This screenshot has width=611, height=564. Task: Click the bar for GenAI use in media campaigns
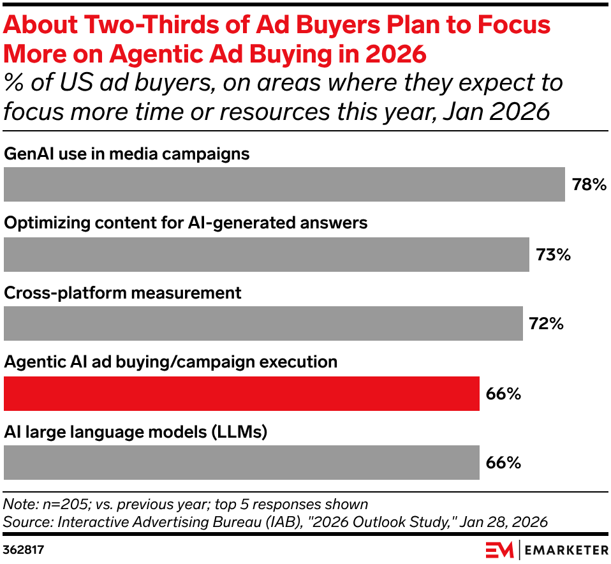[x=284, y=184]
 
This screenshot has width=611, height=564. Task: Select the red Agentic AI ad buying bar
[x=241, y=393]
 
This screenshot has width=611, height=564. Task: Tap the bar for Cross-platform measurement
[x=263, y=323]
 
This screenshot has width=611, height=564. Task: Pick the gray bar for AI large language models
[x=241, y=463]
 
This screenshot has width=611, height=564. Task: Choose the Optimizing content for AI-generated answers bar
[x=266, y=254]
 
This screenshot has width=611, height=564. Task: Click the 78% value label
[x=588, y=186]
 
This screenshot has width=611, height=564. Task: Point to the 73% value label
[x=552, y=255]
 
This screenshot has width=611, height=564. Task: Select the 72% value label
[x=546, y=324]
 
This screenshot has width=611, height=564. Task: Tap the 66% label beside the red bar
[x=503, y=394]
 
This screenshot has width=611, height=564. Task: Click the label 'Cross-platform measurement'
[x=123, y=293]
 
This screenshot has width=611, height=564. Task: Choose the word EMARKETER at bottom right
[x=565, y=549]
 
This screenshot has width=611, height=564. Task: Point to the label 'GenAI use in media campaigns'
[x=126, y=154]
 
